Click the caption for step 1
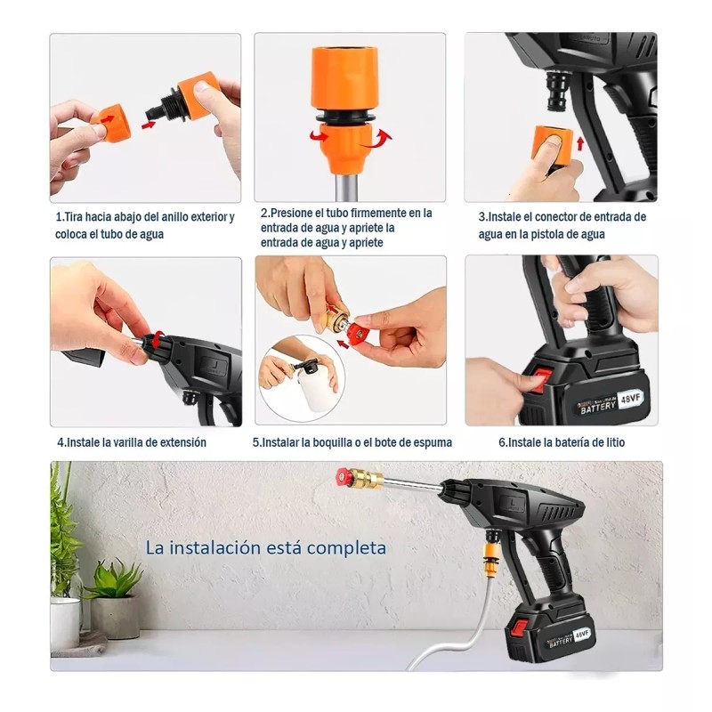145,225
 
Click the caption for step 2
346,228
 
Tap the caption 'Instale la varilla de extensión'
132,442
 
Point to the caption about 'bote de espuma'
352,442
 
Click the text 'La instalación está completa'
266,547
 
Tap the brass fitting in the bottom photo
366,480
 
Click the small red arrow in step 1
149,124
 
